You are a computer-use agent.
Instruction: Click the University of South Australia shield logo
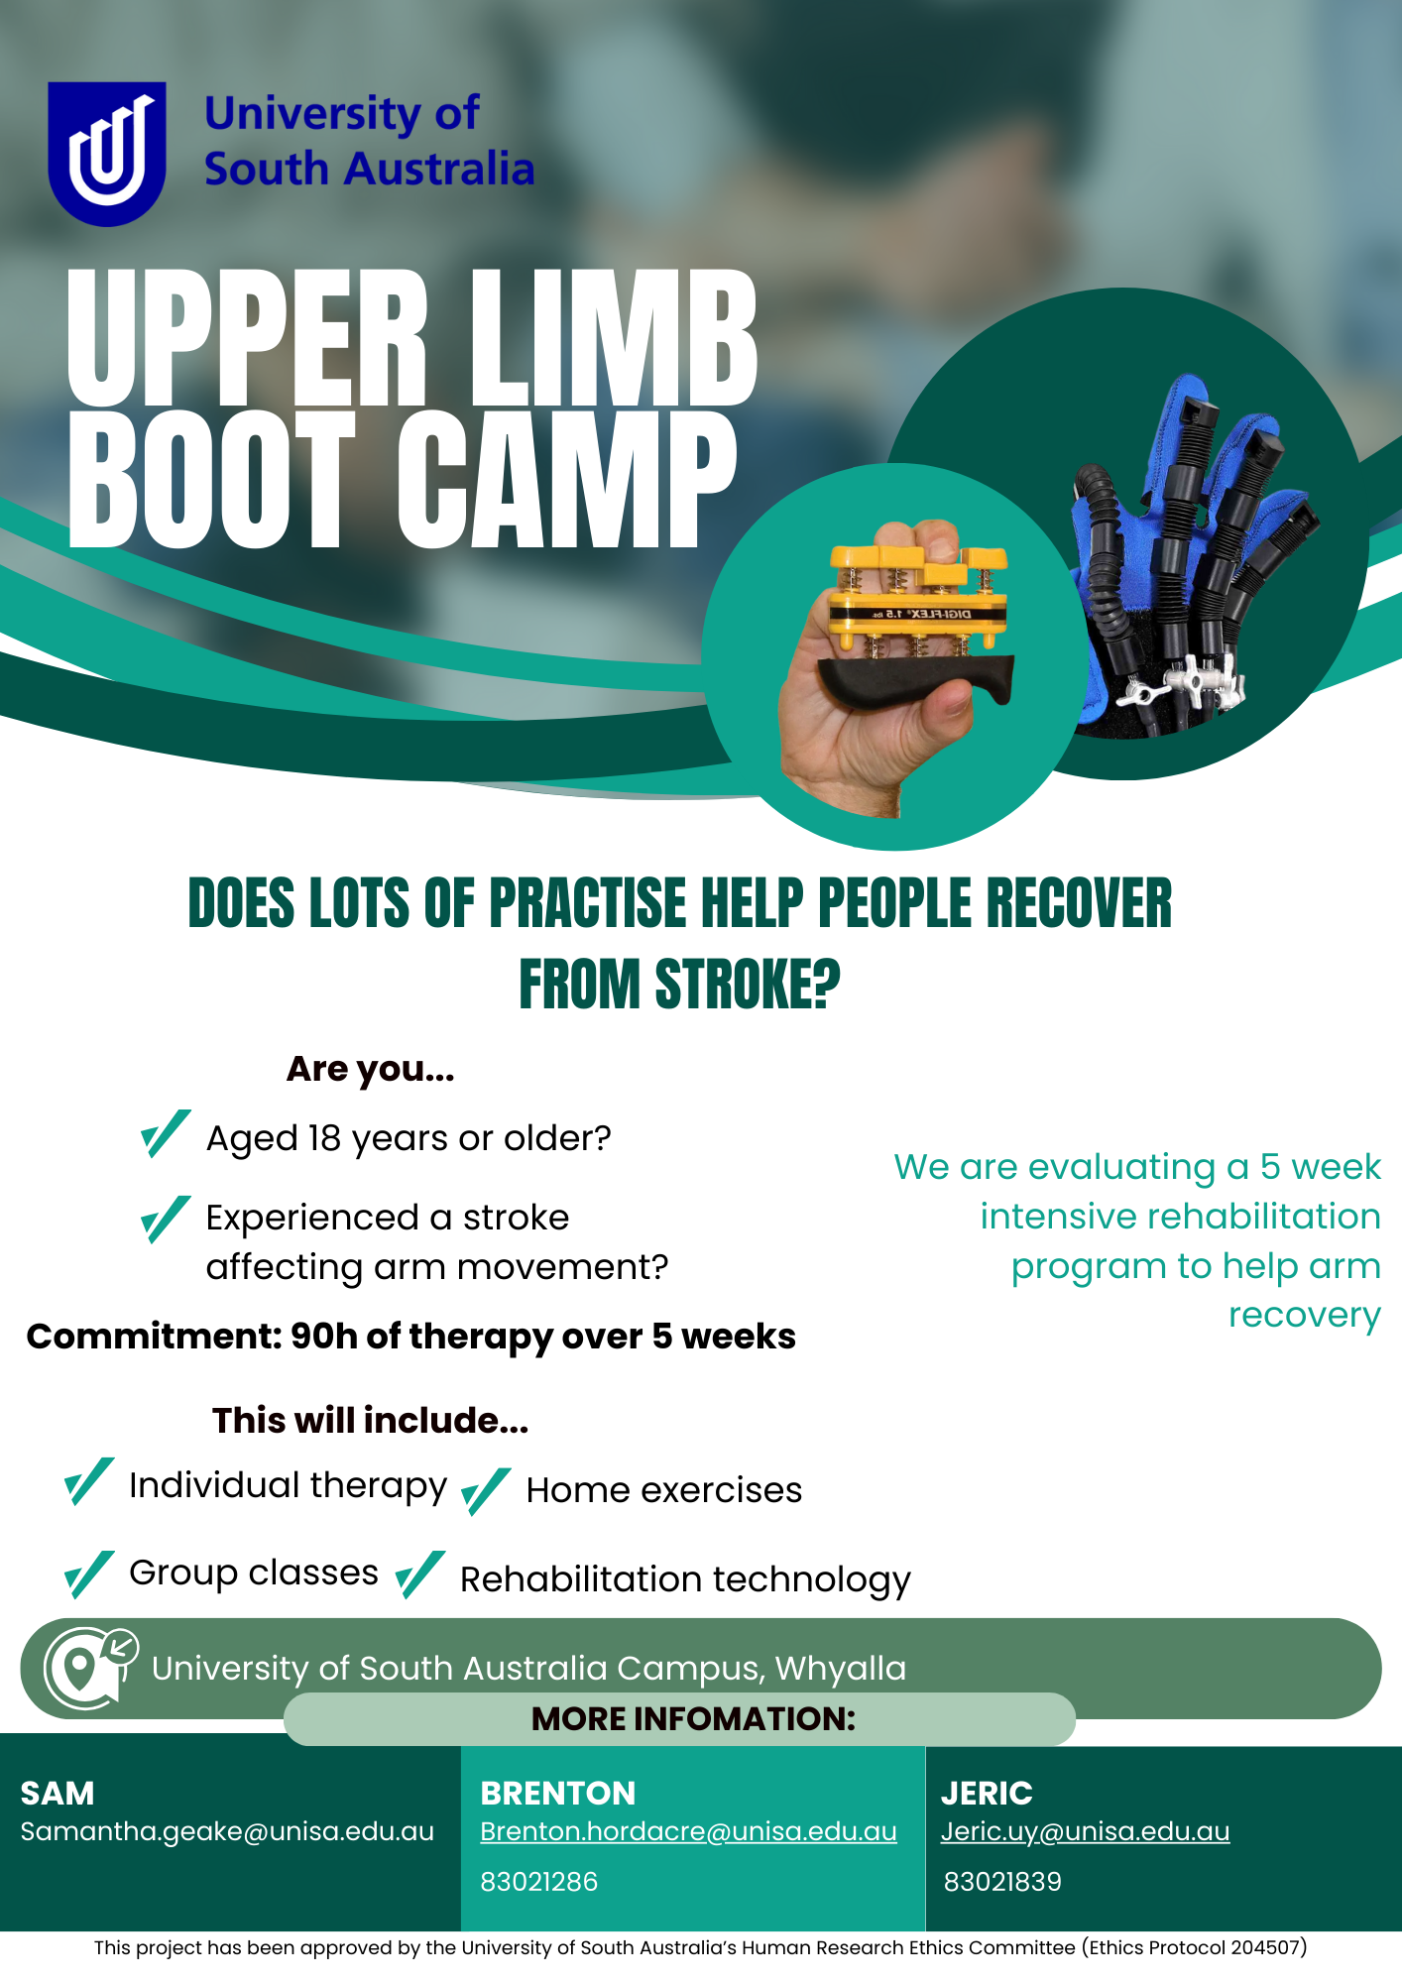click(x=107, y=153)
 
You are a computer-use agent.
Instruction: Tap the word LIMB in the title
click(x=614, y=338)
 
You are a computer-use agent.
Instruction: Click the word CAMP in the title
click(x=568, y=480)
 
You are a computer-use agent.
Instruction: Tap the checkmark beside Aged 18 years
click(x=166, y=1133)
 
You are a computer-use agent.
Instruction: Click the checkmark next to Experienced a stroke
click(x=166, y=1219)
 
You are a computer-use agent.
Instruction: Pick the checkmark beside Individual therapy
click(x=89, y=1481)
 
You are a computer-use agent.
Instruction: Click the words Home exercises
click(x=664, y=1490)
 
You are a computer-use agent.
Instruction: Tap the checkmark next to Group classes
click(x=89, y=1575)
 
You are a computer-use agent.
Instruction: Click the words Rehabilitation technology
click(x=685, y=1579)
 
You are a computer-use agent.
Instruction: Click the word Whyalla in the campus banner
click(x=841, y=1669)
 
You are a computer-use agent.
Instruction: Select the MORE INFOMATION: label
click(x=693, y=1718)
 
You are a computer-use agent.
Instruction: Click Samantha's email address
click(x=227, y=1831)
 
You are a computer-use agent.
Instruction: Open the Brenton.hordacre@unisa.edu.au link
click(x=688, y=1831)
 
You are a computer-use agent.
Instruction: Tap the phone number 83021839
click(x=1002, y=1882)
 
